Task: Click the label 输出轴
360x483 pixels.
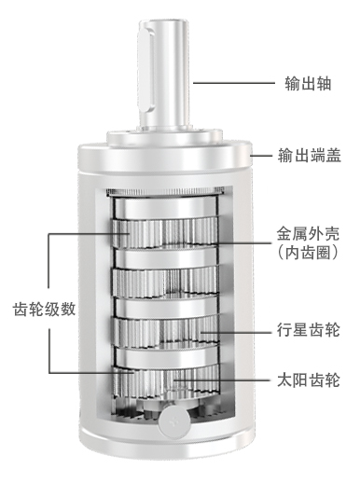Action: (308, 83)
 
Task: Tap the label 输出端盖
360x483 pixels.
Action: (310, 155)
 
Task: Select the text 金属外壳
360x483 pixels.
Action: (308, 234)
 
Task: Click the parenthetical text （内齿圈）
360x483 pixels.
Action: (308, 253)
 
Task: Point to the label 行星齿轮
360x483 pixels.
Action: (308, 330)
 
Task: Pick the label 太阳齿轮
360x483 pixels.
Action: (308, 379)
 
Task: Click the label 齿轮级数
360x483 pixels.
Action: (44, 309)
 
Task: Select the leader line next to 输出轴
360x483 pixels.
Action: (234, 83)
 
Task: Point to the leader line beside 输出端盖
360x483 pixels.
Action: (261, 155)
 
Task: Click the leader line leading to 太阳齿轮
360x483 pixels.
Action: (222, 379)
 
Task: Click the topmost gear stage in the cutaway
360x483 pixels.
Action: (165, 233)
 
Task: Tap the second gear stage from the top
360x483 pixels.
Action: (165, 283)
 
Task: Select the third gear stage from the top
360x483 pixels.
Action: (165, 333)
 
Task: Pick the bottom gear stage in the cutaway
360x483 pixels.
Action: (166, 381)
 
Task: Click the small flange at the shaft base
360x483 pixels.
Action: (164, 137)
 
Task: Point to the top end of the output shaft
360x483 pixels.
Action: (164, 22)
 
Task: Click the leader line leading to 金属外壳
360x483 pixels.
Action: (242, 243)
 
